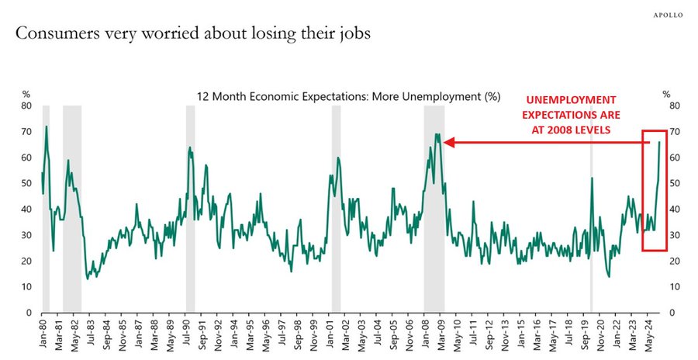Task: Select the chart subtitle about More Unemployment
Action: click(x=348, y=98)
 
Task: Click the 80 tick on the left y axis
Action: click(x=26, y=106)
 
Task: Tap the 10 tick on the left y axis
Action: click(x=26, y=287)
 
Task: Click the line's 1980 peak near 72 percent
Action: click(x=47, y=126)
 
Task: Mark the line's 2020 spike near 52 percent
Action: click(x=593, y=178)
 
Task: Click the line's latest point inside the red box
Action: click(x=660, y=142)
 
